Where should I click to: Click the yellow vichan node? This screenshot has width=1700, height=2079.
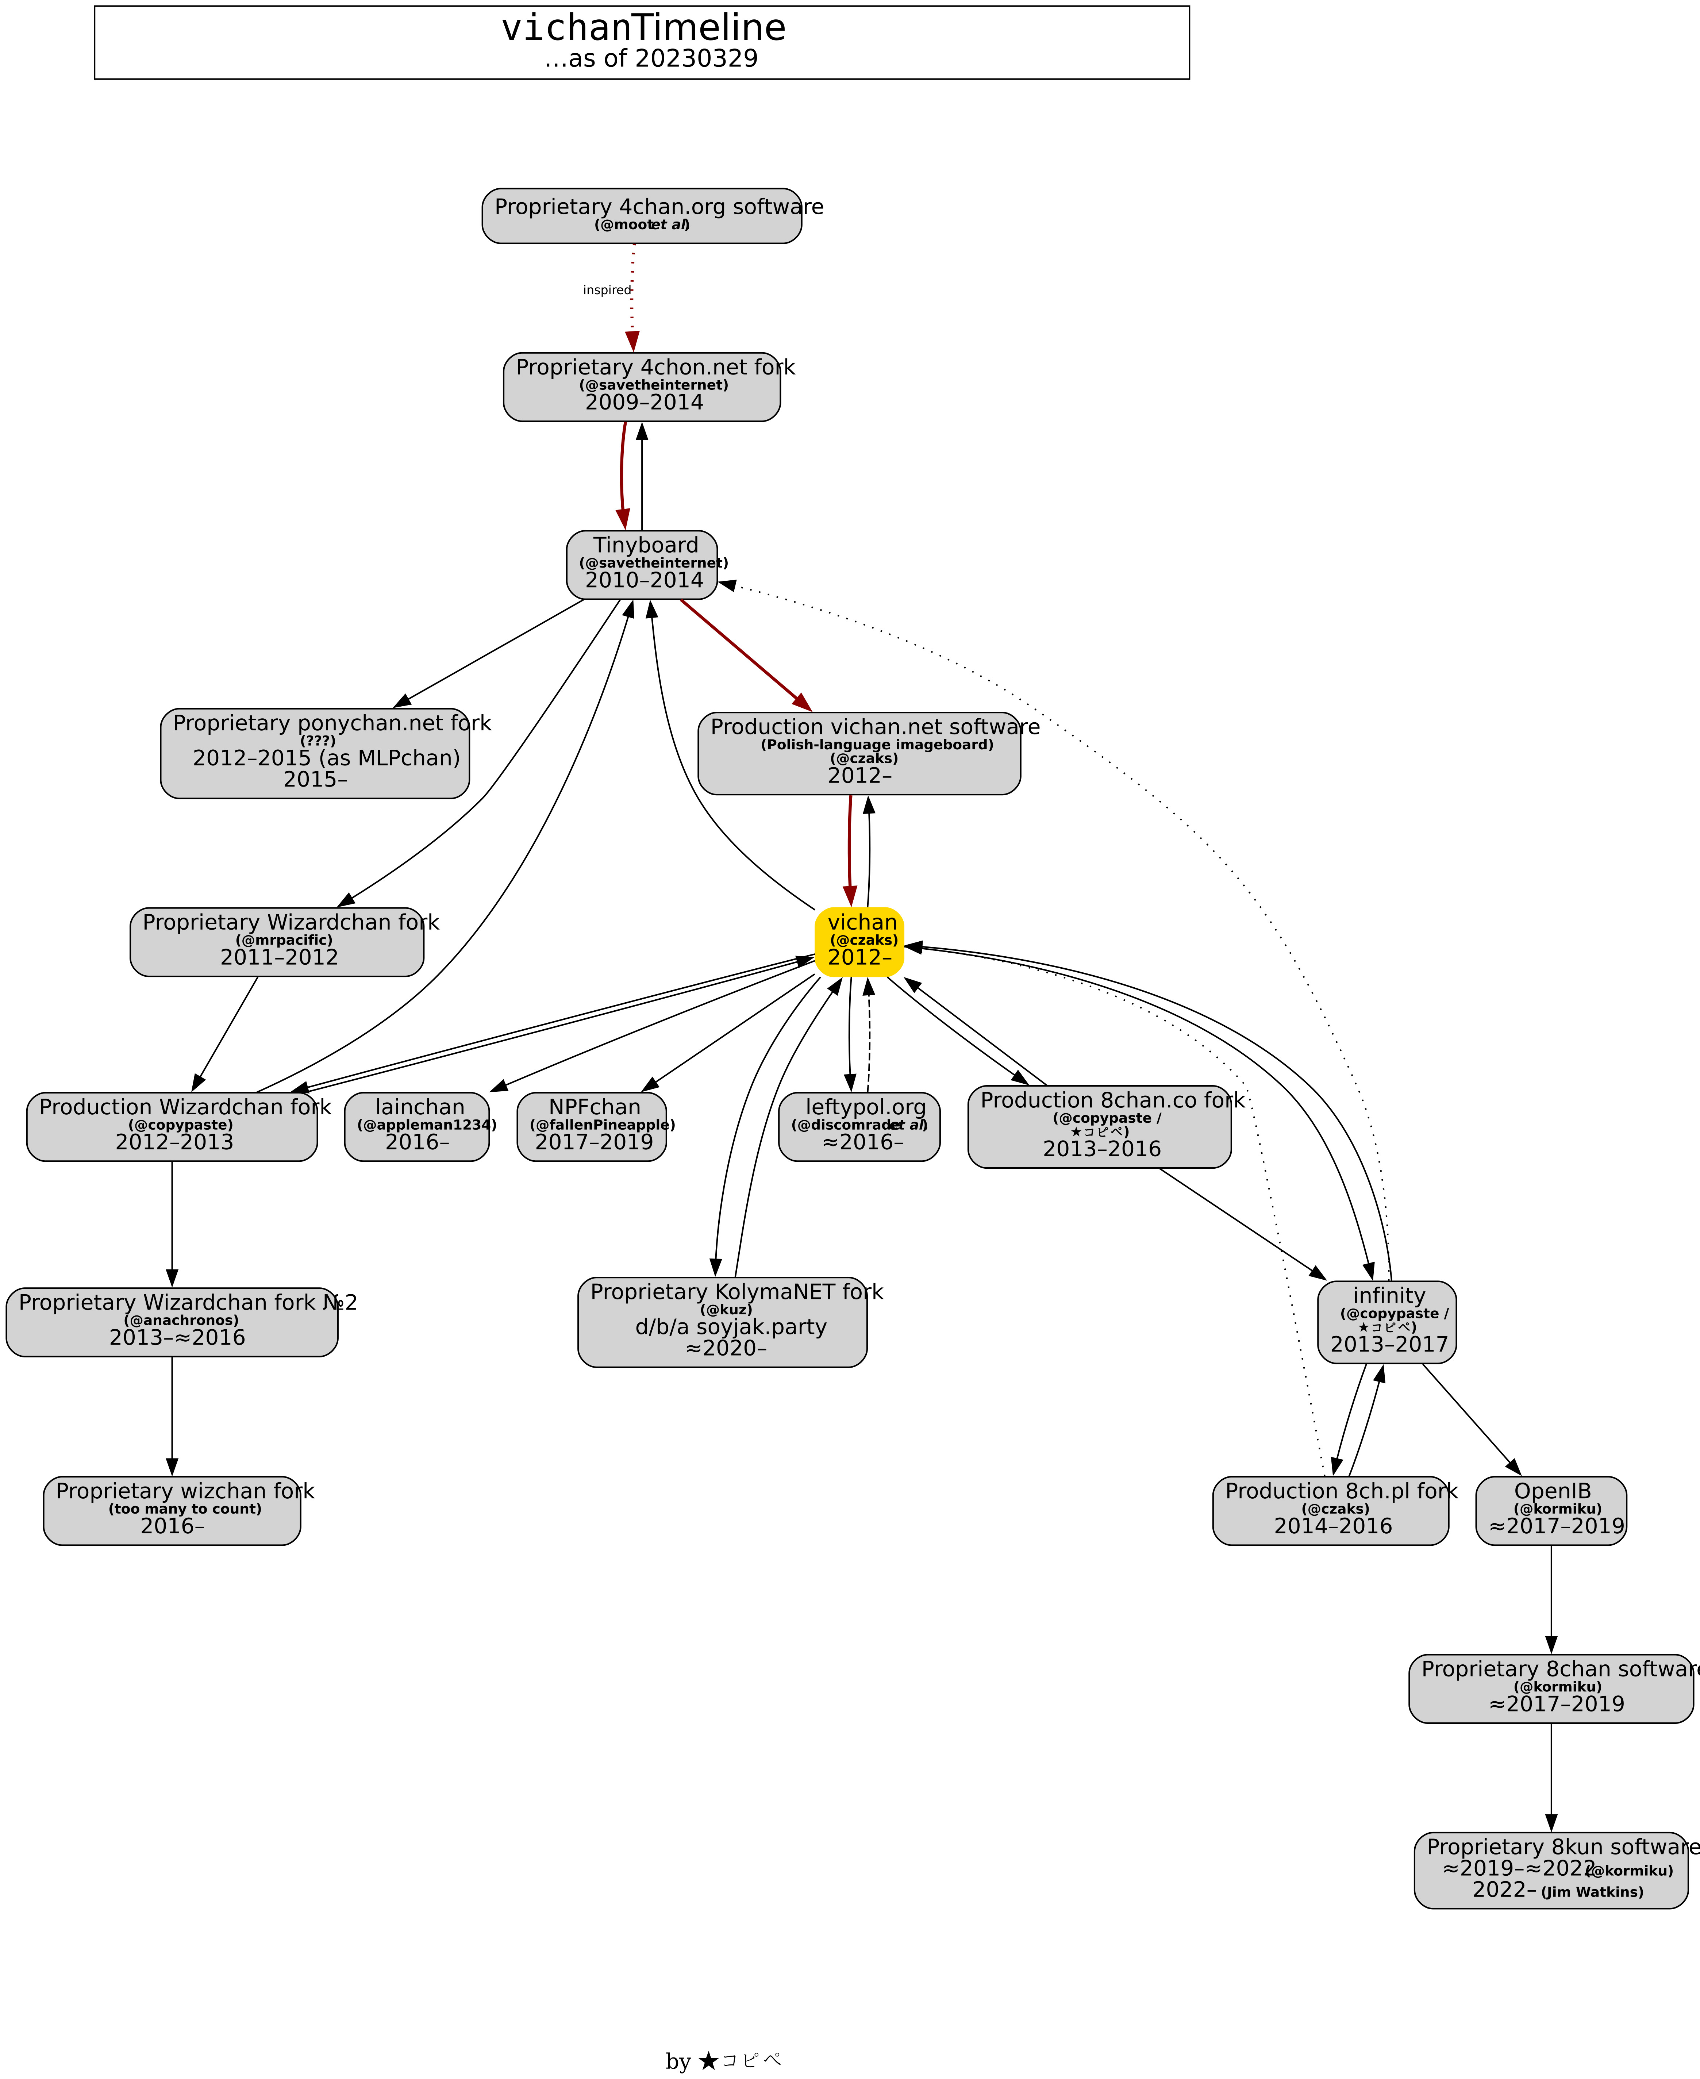pos(859,941)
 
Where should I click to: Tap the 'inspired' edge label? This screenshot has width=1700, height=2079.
pos(606,290)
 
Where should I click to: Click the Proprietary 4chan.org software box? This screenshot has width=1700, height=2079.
pos(641,215)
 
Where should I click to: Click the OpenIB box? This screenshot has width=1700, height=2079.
pos(1551,1510)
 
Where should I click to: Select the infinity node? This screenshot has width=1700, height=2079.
pos(1386,1321)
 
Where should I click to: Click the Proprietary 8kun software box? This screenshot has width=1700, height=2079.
pos(1551,1869)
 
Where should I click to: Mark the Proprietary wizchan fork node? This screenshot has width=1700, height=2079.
pos(172,1510)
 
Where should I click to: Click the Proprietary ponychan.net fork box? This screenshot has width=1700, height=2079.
pos(314,753)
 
